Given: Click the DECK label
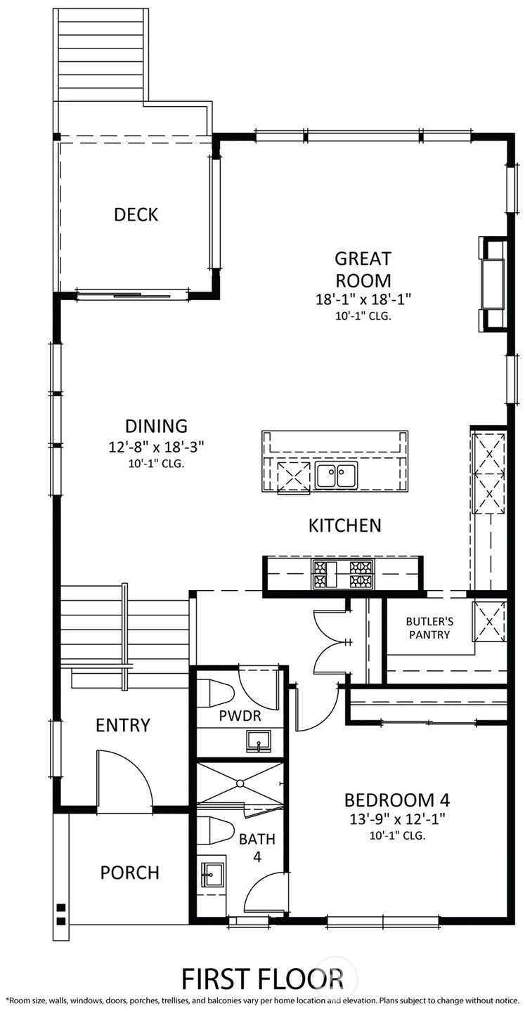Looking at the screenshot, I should pos(136,215).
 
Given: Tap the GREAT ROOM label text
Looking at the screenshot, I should pos(362,270).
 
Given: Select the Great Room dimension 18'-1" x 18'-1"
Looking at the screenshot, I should pos(362,299).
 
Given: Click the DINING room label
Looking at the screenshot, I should pos(156,426).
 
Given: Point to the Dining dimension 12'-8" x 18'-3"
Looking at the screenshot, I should pos(156,447).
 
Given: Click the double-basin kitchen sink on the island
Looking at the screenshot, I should pos(335,476).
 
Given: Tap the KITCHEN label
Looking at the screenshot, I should pos(344,525).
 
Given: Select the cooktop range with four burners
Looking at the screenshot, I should pos(343,574).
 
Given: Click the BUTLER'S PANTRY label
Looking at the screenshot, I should pos(427,627).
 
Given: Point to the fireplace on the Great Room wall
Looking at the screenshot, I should pos(492,284).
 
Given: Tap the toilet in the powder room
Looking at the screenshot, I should pos(214,694).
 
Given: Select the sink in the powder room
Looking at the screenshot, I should pos(259,741).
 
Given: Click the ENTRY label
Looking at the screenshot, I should pos(123,725).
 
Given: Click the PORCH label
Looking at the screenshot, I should pos(129,873).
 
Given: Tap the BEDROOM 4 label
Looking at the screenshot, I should pos(396,800).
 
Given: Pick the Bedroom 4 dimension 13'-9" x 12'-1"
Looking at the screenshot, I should pos(396,819).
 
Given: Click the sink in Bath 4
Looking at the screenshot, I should pos(211,876).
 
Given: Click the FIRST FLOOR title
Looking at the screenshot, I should pos(262,979).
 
